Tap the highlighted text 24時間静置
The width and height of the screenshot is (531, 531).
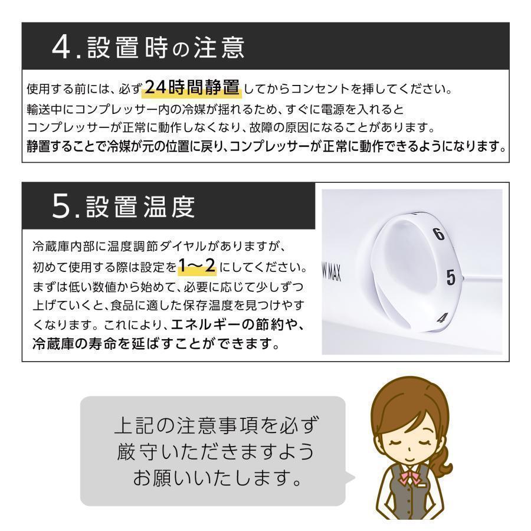192,88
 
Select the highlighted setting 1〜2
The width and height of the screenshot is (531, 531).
197,267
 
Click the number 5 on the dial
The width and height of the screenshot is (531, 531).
451,277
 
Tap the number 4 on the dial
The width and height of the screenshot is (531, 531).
440,319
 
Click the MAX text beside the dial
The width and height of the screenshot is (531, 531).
334,272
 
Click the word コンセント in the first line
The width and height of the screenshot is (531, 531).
321,90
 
